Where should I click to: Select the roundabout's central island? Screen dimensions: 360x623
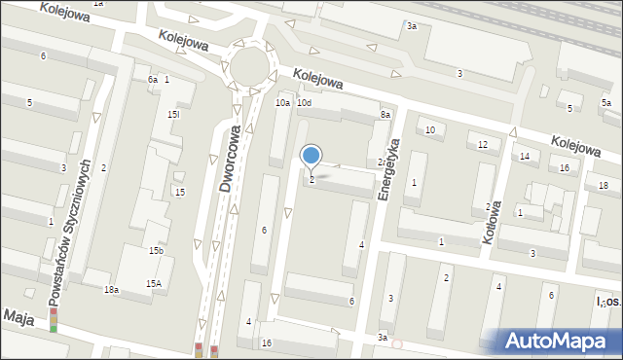[250, 65]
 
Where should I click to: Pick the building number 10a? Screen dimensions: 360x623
[282, 102]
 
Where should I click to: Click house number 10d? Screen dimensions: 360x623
[305, 102]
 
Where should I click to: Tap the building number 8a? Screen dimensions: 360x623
[385, 115]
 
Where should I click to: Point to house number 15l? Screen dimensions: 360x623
[173, 115]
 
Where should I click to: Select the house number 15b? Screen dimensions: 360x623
[156, 251]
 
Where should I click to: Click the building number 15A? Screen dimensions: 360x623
[154, 283]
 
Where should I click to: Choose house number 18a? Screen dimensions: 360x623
[112, 289]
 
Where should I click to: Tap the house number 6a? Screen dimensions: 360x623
[153, 80]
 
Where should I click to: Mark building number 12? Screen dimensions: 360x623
[483, 144]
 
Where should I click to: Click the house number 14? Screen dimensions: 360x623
[524, 156]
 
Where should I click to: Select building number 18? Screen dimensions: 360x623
[604, 185]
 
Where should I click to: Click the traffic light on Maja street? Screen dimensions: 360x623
[54, 321]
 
